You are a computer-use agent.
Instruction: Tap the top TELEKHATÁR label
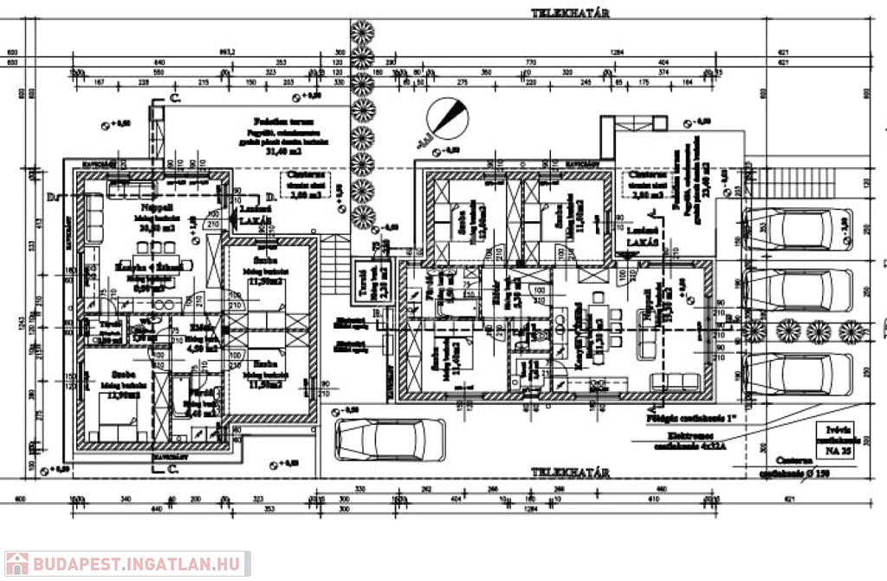point(572,13)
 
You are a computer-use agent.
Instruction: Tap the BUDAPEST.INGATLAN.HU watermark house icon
point(16,564)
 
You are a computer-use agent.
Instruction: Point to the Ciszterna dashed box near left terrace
point(303,185)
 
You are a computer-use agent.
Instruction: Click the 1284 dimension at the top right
point(616,51)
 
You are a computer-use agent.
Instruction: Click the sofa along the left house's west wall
point(91,213)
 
